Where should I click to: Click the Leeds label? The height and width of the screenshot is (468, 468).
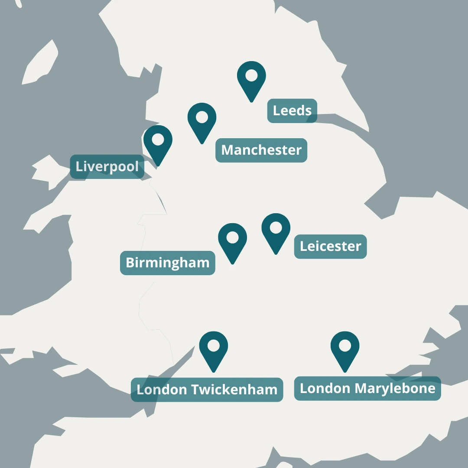click(292, 110)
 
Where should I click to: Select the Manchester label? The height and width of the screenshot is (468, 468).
click(261, 150)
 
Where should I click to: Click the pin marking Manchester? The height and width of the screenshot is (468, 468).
click(202, 120)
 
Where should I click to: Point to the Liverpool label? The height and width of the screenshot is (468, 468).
click(107, 166)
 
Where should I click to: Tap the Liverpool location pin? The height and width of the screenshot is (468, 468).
click(158, 143)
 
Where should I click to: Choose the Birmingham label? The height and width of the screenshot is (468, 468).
click(167, 263)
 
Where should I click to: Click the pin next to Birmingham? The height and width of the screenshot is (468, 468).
click(233, 240)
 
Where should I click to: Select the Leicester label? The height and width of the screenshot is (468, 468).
click(330, 247)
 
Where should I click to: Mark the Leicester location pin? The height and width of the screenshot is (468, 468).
click(276, 231)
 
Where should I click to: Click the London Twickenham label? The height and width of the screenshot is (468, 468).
click(207, 390)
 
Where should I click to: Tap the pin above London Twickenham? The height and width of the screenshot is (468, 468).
click(214, 349)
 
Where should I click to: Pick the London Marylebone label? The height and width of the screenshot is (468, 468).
click(367, 388)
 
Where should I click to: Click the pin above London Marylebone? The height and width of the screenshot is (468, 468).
click(345, 349)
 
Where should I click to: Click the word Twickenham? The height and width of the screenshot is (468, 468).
click(234, 390)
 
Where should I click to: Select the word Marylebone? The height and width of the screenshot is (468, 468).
click(395, 388)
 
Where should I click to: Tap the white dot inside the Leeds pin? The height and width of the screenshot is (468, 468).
click(251, 75)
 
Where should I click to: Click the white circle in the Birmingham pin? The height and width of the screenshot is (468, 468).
click(233, 237)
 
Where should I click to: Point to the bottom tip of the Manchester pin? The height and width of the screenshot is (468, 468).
click(202, 143)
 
